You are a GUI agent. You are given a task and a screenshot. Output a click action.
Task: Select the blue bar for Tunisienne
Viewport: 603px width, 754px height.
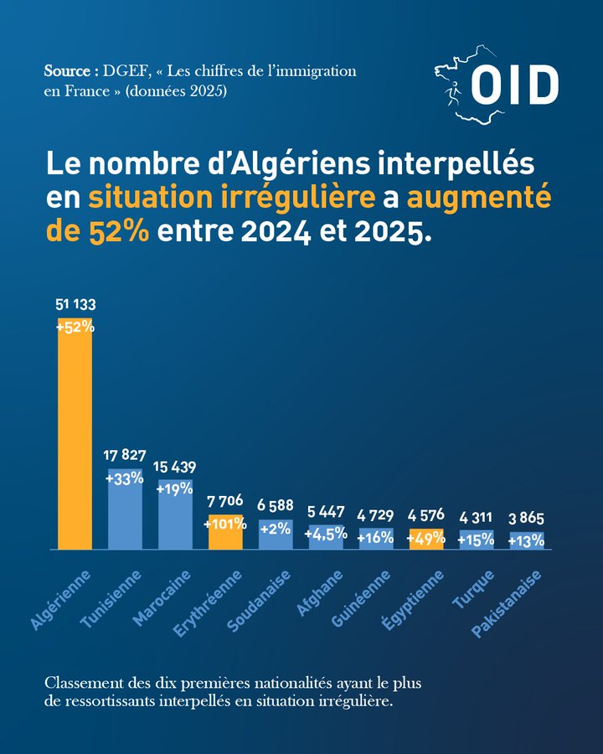(125, 515)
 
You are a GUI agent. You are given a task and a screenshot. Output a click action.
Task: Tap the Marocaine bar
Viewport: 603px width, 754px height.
(175, 519)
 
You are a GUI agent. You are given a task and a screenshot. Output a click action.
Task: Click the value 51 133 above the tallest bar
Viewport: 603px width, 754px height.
(75, 307)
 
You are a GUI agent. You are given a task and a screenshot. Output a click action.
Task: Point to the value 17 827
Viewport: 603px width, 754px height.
(125, 456)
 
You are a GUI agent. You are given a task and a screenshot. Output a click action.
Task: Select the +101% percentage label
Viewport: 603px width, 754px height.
(225, 524)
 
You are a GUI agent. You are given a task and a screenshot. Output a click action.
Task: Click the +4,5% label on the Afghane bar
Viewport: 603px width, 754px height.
(326, 534)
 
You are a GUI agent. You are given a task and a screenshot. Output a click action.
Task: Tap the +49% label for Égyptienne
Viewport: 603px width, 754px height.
(426, 538)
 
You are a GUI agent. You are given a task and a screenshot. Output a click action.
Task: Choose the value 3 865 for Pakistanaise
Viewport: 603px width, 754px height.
(527, 519)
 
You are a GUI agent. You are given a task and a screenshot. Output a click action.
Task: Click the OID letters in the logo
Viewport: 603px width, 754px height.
(514, 85)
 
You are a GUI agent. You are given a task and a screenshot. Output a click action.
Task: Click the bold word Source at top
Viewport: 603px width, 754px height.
(64, 71)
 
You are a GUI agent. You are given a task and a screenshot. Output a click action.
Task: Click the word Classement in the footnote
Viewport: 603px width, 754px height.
(83, 681)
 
